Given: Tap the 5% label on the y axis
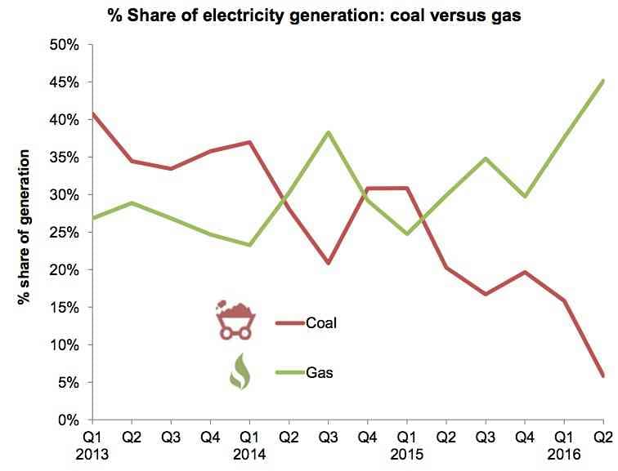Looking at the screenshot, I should pos(67,383).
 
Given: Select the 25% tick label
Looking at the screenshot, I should pos(64,233).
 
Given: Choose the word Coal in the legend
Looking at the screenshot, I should pos(321,323).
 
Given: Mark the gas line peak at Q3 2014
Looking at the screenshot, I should pos(328,132).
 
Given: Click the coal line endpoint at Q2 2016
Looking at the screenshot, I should pos(603,376).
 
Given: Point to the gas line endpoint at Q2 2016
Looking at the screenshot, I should pos(603,80).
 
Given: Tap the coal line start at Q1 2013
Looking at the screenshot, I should pos(92,113).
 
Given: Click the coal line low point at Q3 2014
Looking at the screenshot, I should pos(328,263).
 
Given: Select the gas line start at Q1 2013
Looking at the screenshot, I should pos(92,218).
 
